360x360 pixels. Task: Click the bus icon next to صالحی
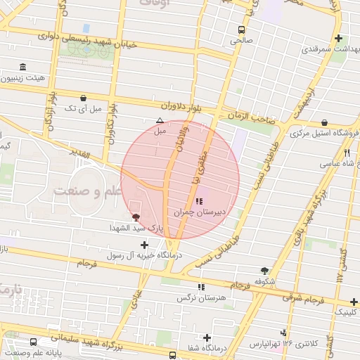(x=242, y=30)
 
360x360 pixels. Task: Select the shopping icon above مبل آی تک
(x=84, y=98)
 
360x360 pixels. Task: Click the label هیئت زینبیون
(x=23, y=79)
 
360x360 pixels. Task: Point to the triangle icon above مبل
(x=160, y=120)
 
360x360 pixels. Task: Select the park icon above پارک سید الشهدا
(x=136, y=217)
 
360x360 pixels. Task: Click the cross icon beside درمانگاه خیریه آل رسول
(x=145, y=245)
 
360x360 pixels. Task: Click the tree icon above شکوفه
(x=264, y=270)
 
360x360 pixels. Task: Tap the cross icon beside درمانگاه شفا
(x=207, y=337)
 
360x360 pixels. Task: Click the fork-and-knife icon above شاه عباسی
(x=347, y=152)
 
